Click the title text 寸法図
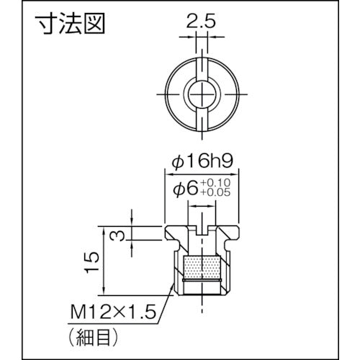(70, 26)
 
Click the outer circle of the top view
(167, 94)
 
